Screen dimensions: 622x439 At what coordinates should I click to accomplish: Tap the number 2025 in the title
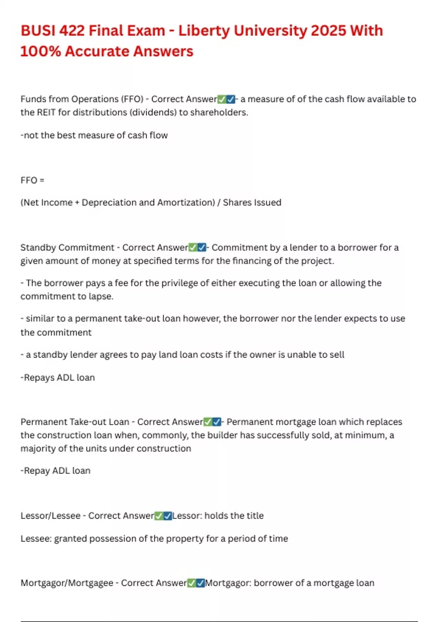point(328,31)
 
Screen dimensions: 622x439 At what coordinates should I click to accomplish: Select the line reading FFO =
point(32,180)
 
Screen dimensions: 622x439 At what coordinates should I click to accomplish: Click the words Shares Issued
point(252,202)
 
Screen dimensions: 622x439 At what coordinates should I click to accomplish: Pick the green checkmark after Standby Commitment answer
point(193,248)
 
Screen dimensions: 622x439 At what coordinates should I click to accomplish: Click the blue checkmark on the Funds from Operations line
point(231,99)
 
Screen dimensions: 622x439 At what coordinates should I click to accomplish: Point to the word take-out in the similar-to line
point(142,318)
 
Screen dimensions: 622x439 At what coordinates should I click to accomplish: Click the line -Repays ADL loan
point(57,377)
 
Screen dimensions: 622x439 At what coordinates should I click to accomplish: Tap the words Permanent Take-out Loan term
point(75,422)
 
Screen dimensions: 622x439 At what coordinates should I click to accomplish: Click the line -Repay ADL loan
point(55,471)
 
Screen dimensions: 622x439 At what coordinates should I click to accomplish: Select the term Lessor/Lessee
point(50,516)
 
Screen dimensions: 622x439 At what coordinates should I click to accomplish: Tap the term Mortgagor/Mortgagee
point(67,583)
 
